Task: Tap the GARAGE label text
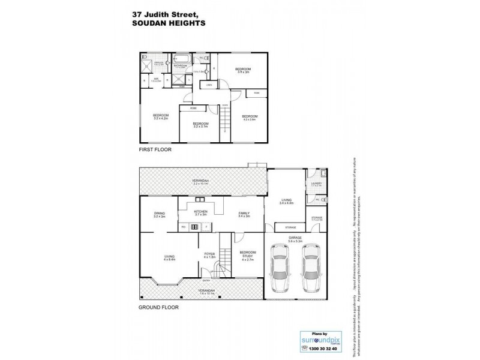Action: [294, 238]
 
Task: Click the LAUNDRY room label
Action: [316, 184]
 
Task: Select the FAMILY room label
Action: [245, 214]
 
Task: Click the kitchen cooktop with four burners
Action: [194, 227]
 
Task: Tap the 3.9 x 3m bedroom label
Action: [242, 71]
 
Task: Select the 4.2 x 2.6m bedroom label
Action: [249, 117]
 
